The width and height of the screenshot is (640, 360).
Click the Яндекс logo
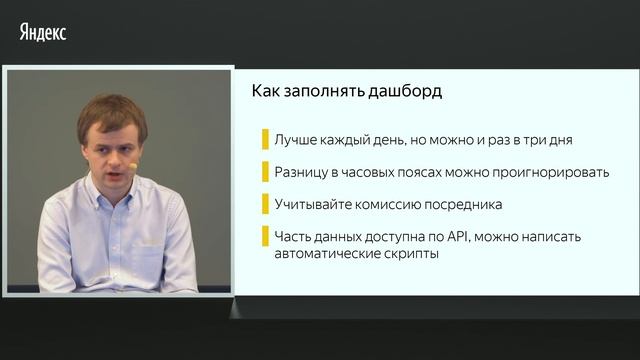coord(43,32)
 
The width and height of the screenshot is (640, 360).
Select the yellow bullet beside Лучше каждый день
coord(265,139)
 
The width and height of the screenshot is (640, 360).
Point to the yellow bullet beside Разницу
coord(265,171)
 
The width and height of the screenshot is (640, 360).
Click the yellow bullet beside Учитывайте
coord(265,204)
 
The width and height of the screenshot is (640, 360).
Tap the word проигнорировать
coord(551,171)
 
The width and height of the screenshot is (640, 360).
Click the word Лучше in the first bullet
coord(295,139)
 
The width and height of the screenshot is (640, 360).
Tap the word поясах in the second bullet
coord(411,171)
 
